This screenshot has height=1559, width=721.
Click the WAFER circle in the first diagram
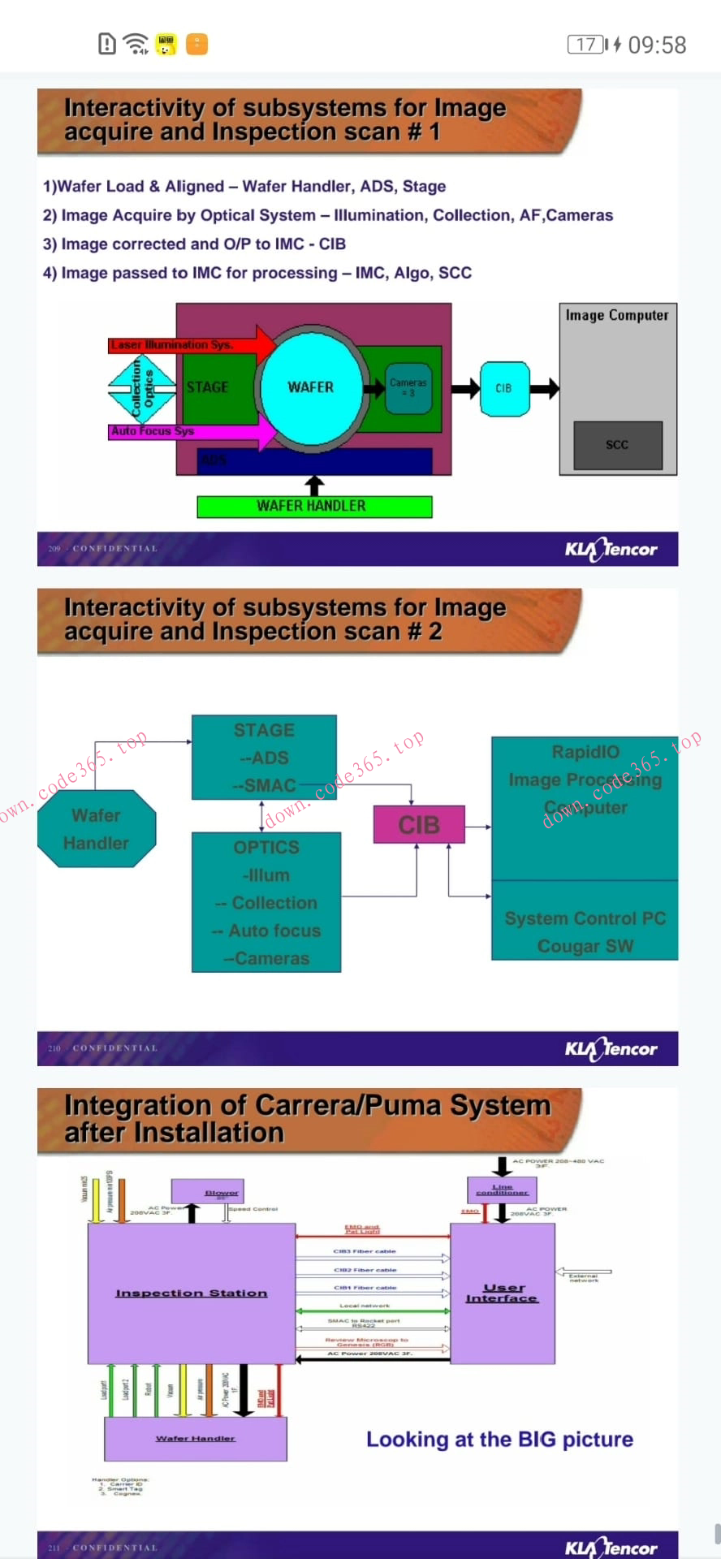point(311,387)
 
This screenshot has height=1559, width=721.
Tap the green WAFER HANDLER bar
point(314,506)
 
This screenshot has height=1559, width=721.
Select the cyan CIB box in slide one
point(503,388)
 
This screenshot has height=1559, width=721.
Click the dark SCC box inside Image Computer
point(617,445)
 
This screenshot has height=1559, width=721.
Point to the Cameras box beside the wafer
point(408,387)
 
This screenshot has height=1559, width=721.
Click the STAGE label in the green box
point(208,387)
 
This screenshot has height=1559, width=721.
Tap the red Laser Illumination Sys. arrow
point(187,344)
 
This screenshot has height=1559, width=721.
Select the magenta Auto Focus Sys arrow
point(187,431)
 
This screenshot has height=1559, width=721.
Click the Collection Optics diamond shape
point(142,388)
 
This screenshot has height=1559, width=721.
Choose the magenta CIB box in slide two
point(419,825)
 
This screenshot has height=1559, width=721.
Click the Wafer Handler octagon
point(97,829)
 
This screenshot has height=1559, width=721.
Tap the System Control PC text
point(585,918)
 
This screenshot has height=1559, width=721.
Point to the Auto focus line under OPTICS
point(274,931)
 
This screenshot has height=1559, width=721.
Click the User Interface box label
point(503,1293)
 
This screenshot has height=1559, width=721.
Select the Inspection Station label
point(192,1293)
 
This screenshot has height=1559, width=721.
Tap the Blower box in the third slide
point(208,1192)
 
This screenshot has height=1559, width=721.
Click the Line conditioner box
point(502,1190)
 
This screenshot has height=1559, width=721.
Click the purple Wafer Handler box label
point(195,1438)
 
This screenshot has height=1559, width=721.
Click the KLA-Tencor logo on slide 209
point(611,550)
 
